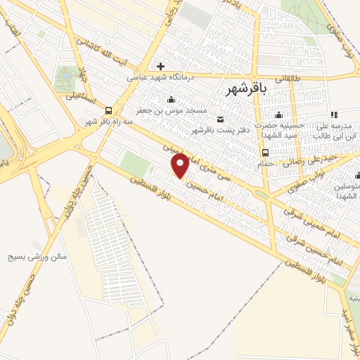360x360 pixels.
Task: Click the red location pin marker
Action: pyautogui.click(x=181, y=165)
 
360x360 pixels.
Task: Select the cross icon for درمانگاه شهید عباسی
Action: pyautogui.click(x=161, y=66)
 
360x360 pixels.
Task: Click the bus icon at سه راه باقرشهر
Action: pyautogui.click(x=108, y=110)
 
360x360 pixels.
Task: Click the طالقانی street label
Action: pyautogui.click(x=288, y=79)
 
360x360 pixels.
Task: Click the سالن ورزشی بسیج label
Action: pyautogui.click(x=44, y=257)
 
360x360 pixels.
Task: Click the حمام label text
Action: pyautogui.click(x=265, y=163)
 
